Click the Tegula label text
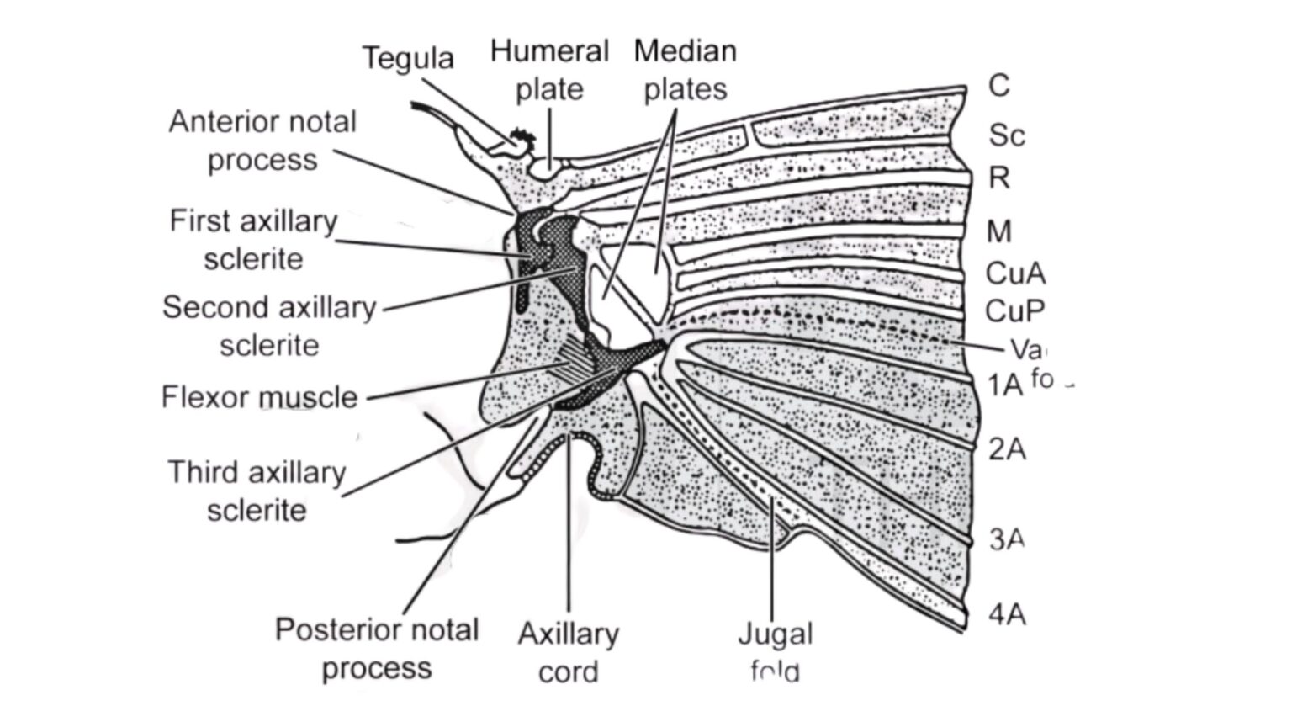(408, 58)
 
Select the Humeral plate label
(549, 70)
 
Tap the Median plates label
(685, 70)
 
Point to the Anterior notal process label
(262, 141)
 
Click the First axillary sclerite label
(253, 240)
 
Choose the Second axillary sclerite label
(269, 326)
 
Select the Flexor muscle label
(259, 396)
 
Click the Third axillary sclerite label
(257, 491)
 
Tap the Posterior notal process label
(376, 649)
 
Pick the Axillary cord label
(568, 652)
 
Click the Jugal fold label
(775, 652)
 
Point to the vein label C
(998, 85)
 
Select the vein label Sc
(1006, 135)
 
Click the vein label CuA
(1015, 273)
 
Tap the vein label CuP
(1015, 311)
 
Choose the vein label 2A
(1007, 449)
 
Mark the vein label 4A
(1007, 614)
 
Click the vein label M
(999, 231)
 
